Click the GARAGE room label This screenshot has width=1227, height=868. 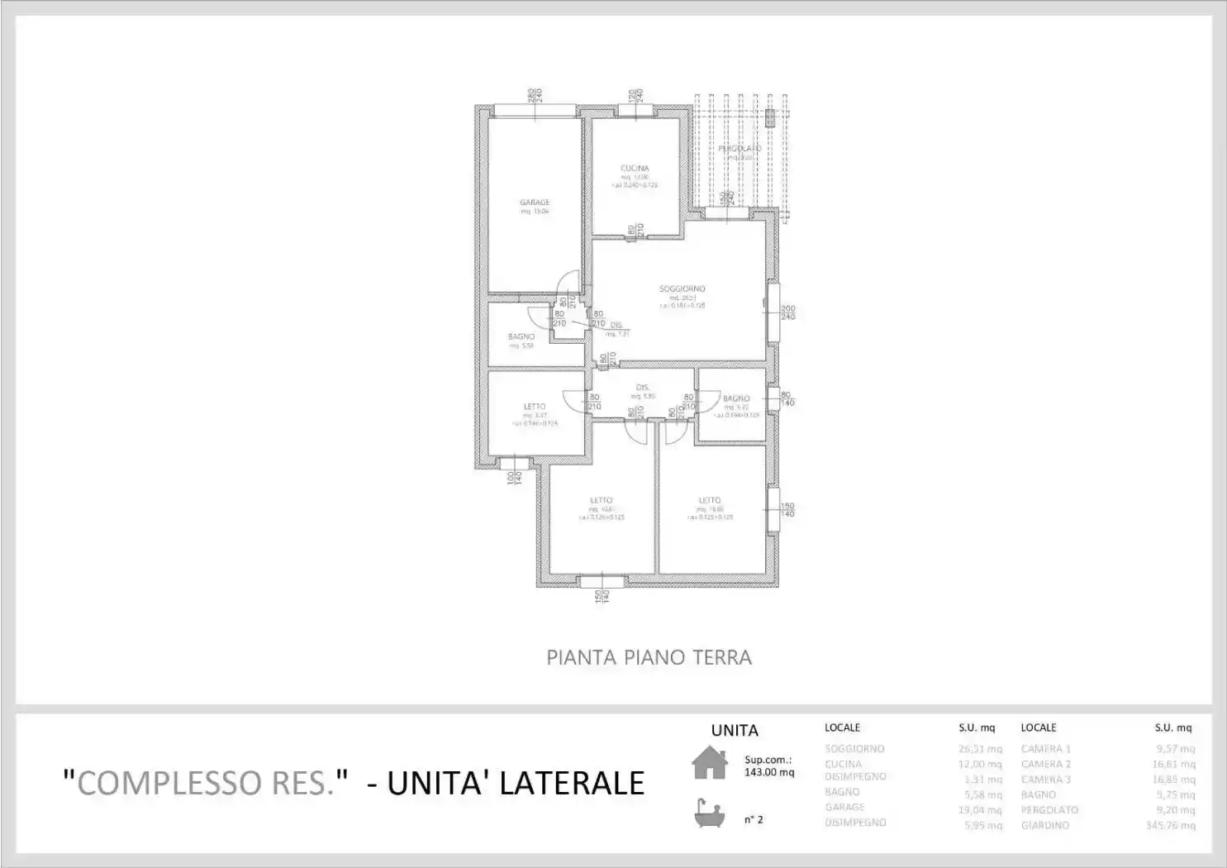click(x=535, y=203)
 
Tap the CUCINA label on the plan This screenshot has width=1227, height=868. click(x=635, y=168)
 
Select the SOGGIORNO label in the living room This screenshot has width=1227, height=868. click(x=682, y=289)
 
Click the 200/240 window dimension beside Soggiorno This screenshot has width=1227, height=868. click(x=787, y=312)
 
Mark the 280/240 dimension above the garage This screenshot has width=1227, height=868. click(x=535, y=95)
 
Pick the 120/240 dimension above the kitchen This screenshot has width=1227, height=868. click(x=635, y=96)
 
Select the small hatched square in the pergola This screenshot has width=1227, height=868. click(x=770, y=119)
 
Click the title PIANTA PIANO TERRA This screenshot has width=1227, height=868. click(x=649, y=658)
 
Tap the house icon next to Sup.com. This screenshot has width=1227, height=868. click(x=710, y=762)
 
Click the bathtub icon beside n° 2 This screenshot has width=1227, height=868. click(x=709, y=814)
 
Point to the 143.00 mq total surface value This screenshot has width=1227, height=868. click(x=768, y=772)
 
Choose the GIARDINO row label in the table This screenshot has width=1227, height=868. click(x=1044, y=825)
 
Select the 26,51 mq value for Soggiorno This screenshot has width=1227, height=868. click(x=980, y=749)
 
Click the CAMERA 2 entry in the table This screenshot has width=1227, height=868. click(x=1045, y=764)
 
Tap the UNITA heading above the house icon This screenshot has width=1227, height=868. click(x=734, y=730)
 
